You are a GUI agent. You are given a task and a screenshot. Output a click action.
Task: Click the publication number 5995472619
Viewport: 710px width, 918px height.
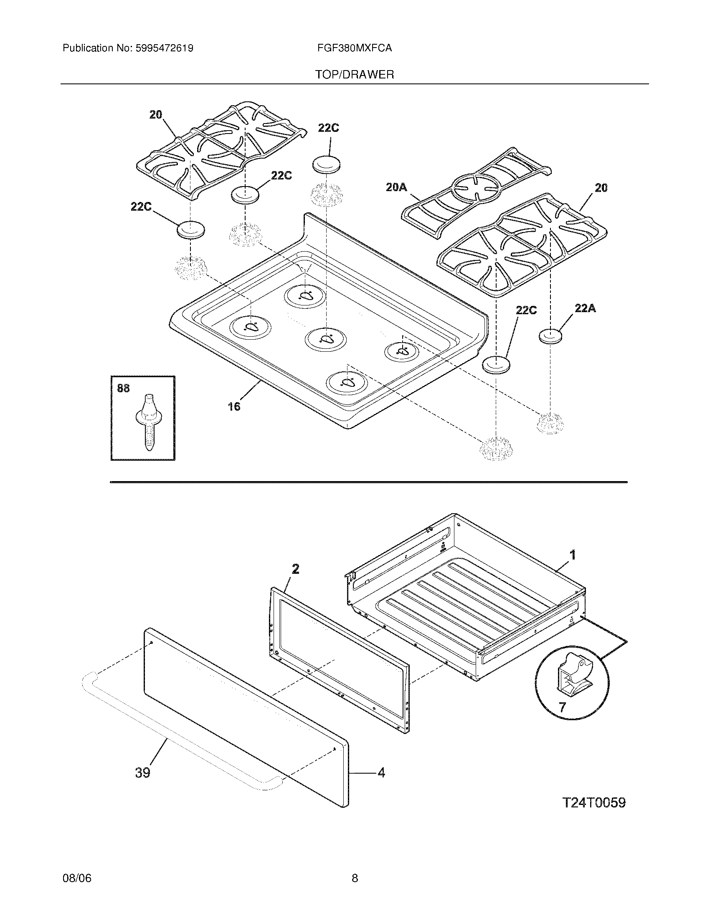(165, 48)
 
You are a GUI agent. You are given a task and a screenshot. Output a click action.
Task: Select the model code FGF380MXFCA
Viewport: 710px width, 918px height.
(355, 48)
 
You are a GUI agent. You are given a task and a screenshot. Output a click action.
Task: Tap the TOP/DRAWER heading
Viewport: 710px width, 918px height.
(355, 75)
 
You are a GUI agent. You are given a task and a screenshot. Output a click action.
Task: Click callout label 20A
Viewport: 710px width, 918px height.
(396, 187)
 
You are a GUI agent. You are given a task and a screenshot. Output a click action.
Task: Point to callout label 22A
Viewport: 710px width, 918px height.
(585, 308)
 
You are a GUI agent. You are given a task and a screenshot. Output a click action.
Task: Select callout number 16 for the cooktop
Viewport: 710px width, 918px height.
(234, 406)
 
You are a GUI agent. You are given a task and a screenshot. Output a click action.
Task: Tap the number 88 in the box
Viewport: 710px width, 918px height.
(123, 388)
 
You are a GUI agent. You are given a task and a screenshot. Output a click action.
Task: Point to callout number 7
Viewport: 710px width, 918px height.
(563, 707)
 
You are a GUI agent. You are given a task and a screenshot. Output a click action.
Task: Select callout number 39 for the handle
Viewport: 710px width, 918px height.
(142, 772)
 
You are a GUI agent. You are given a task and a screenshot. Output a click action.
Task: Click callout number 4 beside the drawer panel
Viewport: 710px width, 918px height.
(381, 772)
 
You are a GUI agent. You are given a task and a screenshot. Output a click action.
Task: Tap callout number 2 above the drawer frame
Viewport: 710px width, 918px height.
(295, 570)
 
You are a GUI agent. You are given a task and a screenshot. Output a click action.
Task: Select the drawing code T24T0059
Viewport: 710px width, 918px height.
(594, 802)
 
